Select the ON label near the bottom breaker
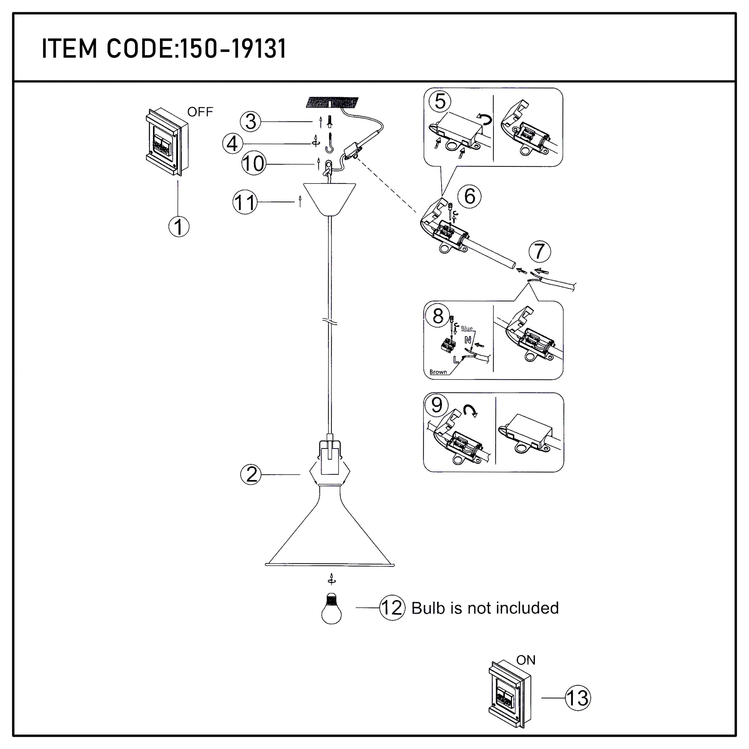coord(526,660)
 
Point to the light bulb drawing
coord(332,609)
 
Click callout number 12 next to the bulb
coord(392,608)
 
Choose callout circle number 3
coord(250,122)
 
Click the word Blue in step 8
coord(467,328)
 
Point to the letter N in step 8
coord(468,340)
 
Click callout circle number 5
coord(440,102)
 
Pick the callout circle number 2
coord(251,475)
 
